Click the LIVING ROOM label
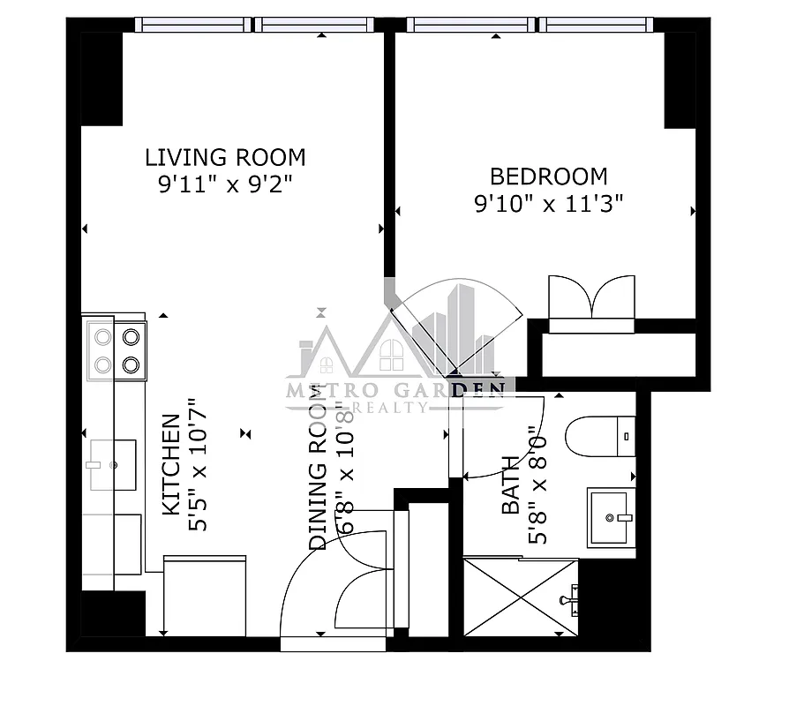click(225, 158)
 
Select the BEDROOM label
click(549, 176)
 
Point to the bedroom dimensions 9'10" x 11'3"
click(549, 204)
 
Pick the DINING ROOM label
click(318, 482)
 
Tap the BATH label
click(510, 496)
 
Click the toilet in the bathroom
click(600, 436)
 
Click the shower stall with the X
click(520, 597)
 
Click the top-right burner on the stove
click(131, 336)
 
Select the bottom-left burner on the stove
click(101, 364)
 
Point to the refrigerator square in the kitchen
click(205, 595)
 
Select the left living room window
click(193, 25)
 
